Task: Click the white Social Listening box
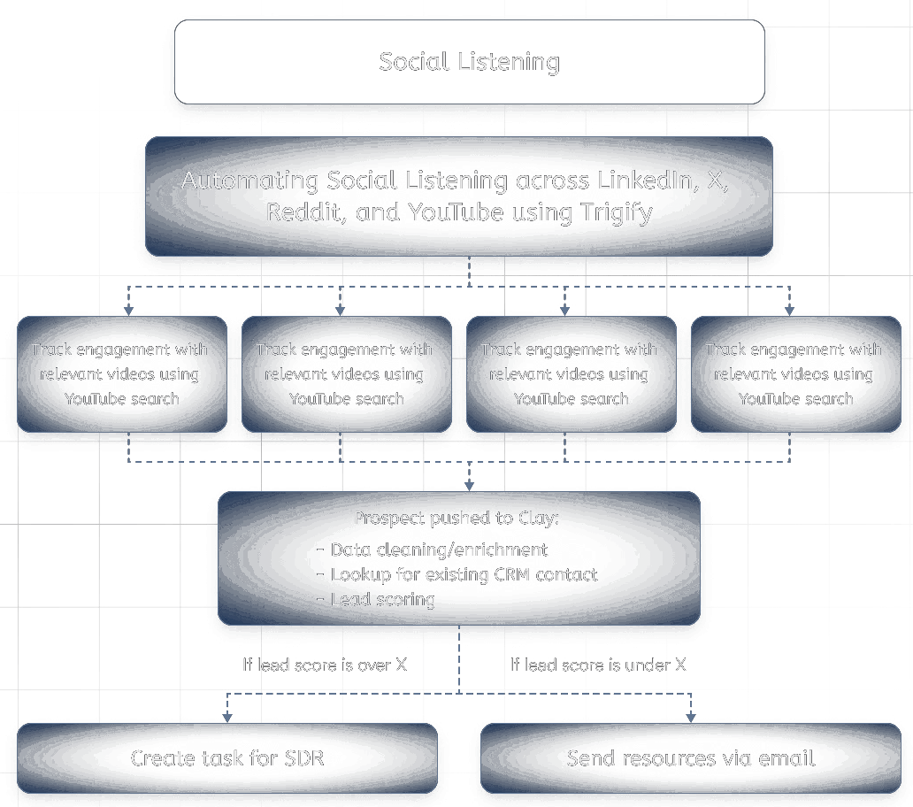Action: pos(469,62)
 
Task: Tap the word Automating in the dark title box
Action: pos(250,181)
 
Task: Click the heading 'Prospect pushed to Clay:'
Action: pos(456,519)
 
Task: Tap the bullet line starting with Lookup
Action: pos(464,574)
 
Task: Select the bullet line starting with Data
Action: pos(438,550)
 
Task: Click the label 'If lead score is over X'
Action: pos(325,665)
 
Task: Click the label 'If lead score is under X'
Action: pos(598,665)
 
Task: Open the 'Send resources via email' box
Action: pos(690,758)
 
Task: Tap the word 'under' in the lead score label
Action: pos(646,665)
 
